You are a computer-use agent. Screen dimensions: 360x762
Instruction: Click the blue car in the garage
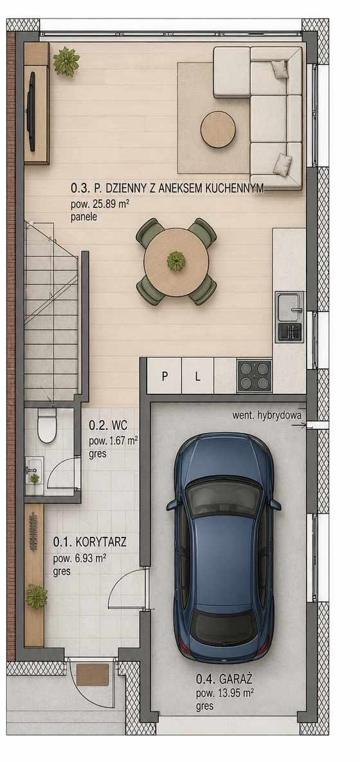click(x=224, y=548)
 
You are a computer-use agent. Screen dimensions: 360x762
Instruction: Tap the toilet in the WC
click(x=47, y=425)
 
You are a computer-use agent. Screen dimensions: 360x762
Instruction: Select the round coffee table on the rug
click(x=218, y=129)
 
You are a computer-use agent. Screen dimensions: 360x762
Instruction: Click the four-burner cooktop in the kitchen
click(x=254, y=376)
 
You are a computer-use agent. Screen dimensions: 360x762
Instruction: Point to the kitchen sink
click(x=290, y=307)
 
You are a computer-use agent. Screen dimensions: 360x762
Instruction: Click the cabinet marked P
click(x=165, y=376)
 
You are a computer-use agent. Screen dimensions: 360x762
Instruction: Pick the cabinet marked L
click(x=197, y=376)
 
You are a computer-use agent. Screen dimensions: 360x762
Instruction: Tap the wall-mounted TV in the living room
click(x=31, y=111)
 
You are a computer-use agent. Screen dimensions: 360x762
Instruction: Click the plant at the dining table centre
click(x=176, y=261)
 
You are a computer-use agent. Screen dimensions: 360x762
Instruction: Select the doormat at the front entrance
click(x=93, y=674)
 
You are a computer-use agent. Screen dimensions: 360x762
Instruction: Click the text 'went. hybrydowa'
click(x=267, y=416)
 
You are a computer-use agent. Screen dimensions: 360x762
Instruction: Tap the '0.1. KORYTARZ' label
click(x=90, y=542)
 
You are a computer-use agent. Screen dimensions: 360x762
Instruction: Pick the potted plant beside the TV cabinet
click(x=66, y=61)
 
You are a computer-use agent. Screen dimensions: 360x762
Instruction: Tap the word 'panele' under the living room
click(x=84, y=218)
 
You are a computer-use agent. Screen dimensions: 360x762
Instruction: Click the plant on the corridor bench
click(x=37, y=597)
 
